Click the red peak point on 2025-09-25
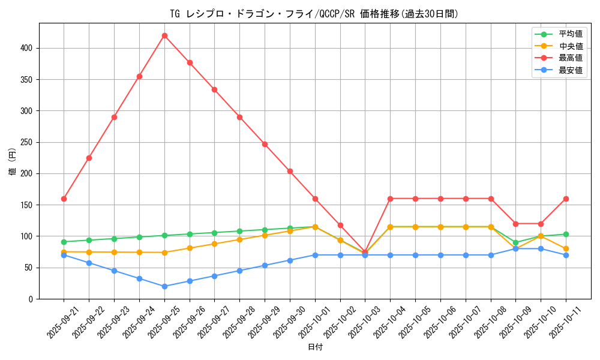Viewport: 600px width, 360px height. pos(164,35)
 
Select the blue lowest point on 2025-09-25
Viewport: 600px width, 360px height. pos(164,286)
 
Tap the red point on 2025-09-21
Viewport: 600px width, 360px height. pos(64,199)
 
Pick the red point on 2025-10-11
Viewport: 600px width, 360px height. pos(566,199)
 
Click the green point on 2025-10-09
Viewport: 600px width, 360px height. pos(515,242)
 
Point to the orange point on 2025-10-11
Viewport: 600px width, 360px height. pos(566,248)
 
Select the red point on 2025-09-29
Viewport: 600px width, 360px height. pos(265,144)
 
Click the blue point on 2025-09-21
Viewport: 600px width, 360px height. pos(64,255)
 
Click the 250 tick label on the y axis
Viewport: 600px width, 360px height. pos(28,142)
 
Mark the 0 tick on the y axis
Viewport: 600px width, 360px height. pos(32,299)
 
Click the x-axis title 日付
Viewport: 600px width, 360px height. pos(315,347)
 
